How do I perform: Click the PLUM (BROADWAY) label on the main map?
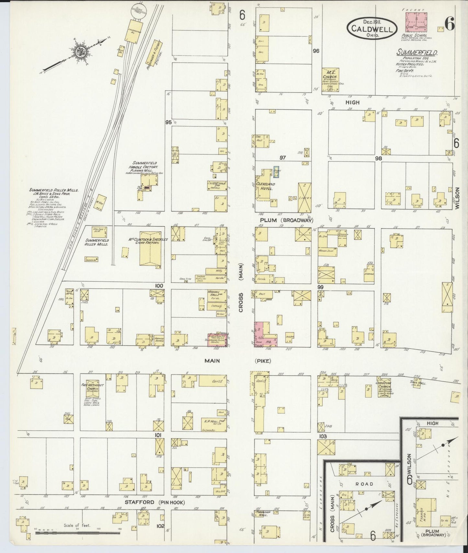[286, 220]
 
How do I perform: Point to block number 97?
[283, 157]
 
